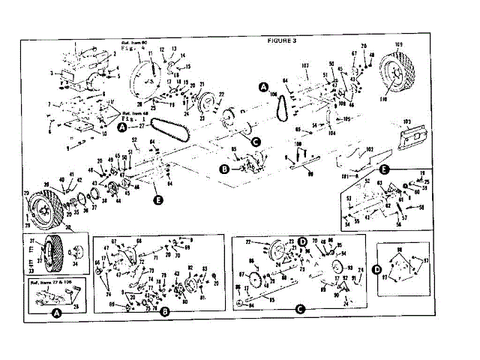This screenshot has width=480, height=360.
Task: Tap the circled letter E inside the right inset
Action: click(x=384, y=169)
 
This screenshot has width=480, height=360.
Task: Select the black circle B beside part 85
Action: click(x=224, y=169)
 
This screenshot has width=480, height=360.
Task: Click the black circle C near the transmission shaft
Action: click(x=255, y=140)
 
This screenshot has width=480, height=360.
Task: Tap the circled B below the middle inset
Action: click(x=163, y=310)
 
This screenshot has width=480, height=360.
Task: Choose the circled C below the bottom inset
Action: click(x=300, y=309)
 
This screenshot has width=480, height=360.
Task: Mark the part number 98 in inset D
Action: click(x=399, y=248)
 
